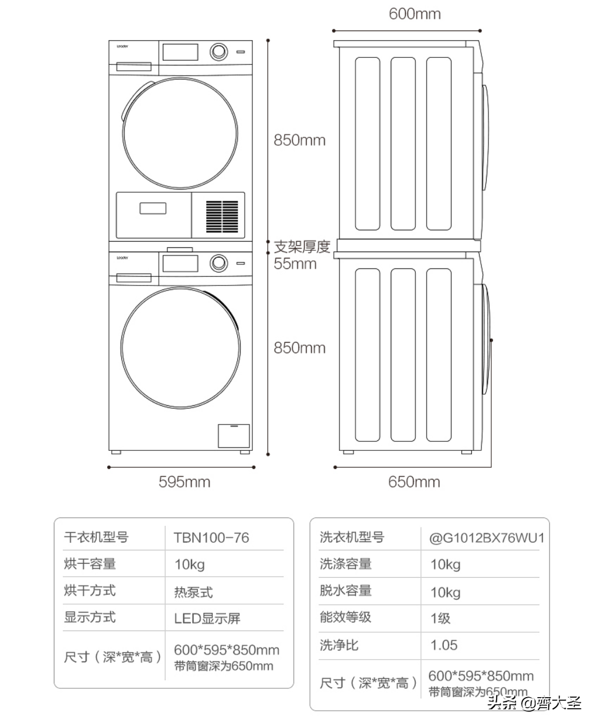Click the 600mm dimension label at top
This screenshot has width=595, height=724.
pos(415,14)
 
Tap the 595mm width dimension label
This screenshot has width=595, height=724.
pos(184,482)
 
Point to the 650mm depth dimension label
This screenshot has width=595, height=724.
pos(414,482)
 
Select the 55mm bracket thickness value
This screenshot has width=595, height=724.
pos(295,264)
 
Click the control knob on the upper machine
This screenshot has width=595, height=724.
pos(218,52)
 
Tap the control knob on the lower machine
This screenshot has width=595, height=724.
pos(218,263)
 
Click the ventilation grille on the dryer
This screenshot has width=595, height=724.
pos(222,216)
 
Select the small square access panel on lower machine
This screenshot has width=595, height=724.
pos(234,436)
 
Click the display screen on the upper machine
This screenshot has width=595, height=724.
pos(180,52)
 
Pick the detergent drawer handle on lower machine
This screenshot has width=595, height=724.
pos(134,278)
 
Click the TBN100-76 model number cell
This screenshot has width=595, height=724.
pos(211,538)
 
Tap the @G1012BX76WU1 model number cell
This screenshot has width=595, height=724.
pos(487,538)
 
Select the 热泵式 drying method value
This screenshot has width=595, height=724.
pos(193,592)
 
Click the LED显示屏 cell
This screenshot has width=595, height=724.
pos(207,619)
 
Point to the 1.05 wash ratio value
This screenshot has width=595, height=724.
pos(444,646)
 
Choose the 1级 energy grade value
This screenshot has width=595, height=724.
pos(440,618)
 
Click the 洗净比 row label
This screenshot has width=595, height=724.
pos(339,645)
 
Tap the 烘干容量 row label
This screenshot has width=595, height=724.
pos(90,564)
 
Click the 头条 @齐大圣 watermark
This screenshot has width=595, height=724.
pos(534,703)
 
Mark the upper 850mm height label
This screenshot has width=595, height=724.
pos(299,140)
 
